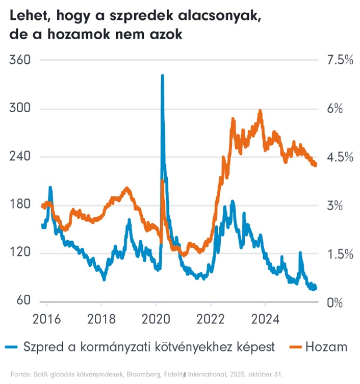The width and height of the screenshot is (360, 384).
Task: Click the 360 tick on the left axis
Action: coord(20,60)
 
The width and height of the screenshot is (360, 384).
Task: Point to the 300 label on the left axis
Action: coord(20,109)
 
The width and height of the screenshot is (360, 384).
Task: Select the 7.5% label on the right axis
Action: coord(337,60)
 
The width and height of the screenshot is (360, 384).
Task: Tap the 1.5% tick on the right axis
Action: coord(337,253)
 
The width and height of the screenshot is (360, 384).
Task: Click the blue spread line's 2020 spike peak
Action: coord(162,75)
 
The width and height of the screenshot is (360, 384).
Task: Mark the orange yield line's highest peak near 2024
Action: coord(261,111)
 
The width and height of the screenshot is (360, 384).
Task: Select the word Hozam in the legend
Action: coord(326,348)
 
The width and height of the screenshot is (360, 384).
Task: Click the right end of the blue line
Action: coord(315,288)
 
